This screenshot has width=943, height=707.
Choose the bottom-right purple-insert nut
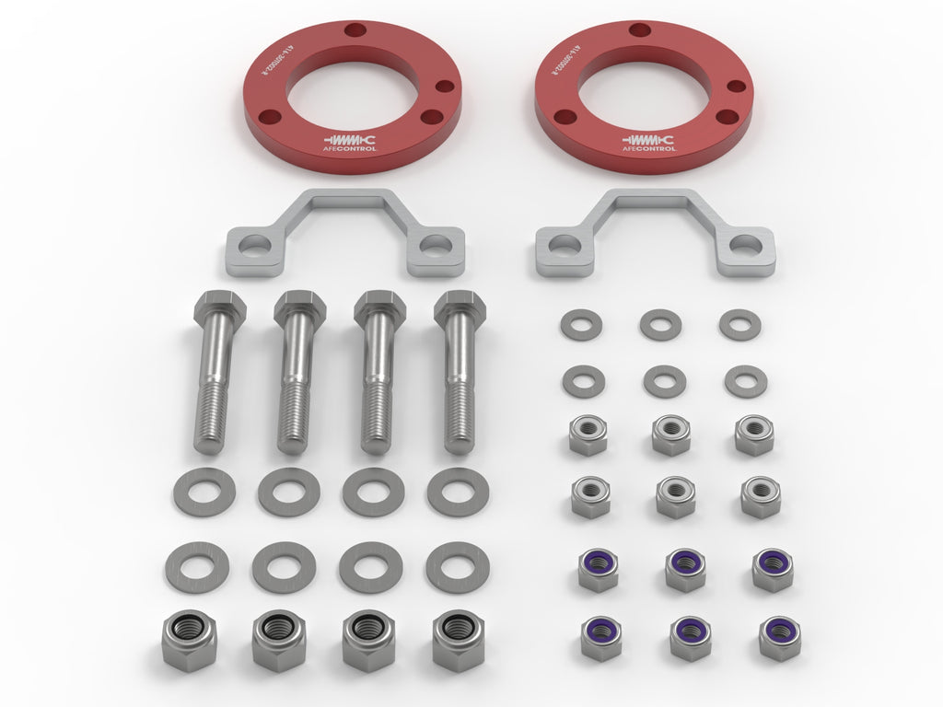coord(779,638)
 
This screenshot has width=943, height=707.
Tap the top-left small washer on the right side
coord(581,324)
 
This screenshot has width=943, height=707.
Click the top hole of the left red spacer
coord(355,30)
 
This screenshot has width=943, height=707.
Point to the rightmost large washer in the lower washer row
coord(458,566)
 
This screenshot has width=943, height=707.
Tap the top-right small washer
coord(740,324)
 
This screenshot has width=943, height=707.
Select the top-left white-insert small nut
coord(588,434)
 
